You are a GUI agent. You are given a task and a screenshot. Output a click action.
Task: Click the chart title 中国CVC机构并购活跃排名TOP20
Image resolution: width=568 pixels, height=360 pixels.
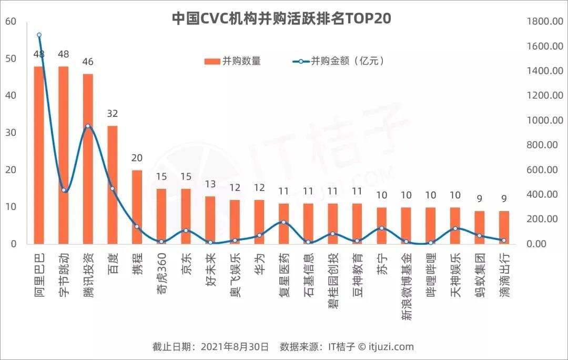click(x=282, y=18)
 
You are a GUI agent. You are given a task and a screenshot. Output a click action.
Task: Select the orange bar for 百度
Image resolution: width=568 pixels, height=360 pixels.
click(x=113, y=184)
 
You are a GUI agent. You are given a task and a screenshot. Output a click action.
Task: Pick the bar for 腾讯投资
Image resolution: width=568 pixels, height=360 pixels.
click(x=88, y=158)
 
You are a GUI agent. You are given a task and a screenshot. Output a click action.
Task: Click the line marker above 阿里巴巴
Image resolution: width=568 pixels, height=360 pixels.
click(x=39, y=35)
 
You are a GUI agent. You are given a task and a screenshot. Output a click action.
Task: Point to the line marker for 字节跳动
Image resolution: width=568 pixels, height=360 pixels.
click(x=64, y=190)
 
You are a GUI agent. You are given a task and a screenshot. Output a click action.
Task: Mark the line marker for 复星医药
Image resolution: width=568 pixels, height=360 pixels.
click(x=283, y=222)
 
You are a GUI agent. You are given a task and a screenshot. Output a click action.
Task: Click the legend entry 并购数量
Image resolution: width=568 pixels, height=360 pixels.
click(x=233, y=61)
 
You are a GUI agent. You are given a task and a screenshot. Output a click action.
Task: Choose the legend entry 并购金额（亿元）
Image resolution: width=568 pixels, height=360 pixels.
click(x=339, y=61)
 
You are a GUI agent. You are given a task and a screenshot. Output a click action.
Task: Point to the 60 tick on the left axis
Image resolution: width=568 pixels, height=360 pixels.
click(x=11, y=21)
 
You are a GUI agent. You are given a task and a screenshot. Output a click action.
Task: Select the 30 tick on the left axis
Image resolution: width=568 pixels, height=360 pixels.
click(x=11, y=133)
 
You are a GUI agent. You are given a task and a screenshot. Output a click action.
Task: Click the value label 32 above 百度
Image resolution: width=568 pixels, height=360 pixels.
click(x=113, y=114)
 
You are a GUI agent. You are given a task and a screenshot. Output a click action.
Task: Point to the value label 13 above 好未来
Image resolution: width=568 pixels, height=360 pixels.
click(x=210, y=184)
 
